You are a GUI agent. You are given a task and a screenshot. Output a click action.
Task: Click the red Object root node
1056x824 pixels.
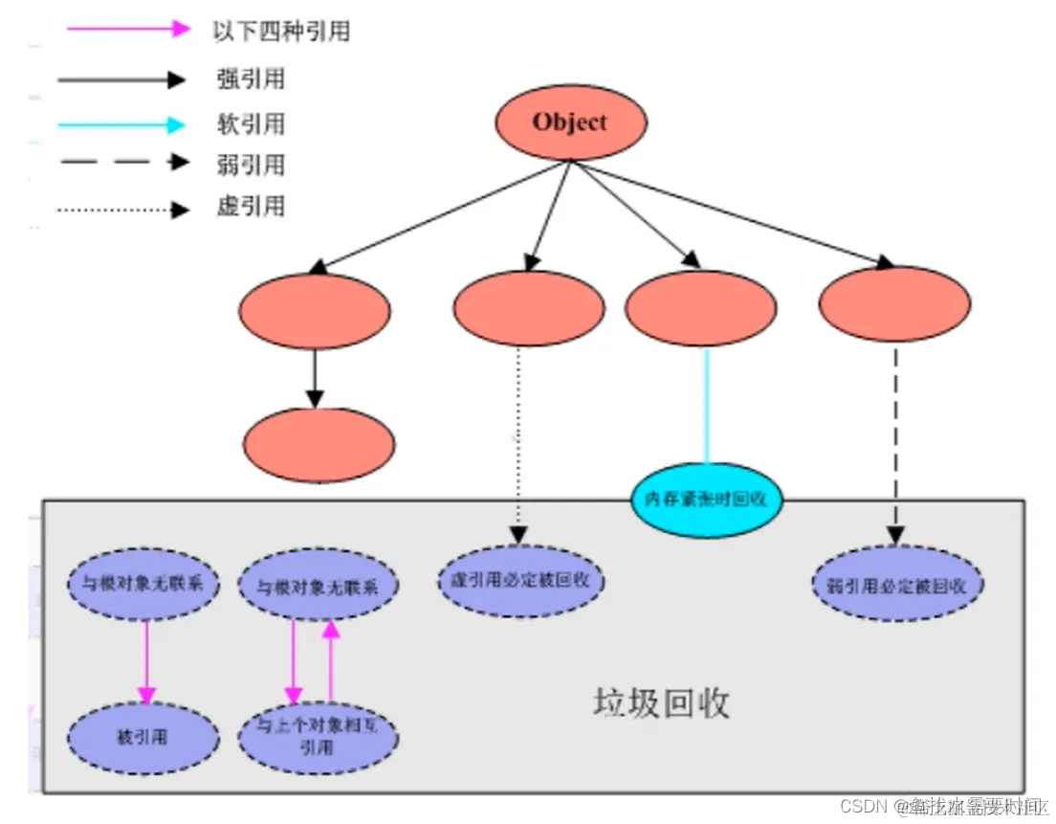570,123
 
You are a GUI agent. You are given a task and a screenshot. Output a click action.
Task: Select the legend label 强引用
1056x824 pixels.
251,79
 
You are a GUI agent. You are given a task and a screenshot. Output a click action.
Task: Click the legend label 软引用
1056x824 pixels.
251,124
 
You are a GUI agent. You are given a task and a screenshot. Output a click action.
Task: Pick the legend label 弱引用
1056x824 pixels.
251,165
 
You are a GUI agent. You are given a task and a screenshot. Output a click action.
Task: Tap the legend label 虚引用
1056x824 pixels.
251,207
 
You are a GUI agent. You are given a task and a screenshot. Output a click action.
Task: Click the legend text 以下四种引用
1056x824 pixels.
281,31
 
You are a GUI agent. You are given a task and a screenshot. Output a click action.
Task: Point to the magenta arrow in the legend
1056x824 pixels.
128,29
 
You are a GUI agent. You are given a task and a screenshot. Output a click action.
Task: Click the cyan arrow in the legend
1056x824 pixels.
121,124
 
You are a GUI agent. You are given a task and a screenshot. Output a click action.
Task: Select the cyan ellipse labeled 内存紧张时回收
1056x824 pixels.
706,499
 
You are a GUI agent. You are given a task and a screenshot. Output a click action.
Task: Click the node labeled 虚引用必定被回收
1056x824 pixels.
522,580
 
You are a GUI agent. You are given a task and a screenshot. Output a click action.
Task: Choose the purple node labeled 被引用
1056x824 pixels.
143,738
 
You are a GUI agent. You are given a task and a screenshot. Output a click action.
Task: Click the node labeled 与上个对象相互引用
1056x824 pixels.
317,737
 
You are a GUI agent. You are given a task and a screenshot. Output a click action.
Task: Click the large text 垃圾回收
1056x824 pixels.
661,702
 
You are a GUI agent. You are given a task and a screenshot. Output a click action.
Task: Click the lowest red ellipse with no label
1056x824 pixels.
319,444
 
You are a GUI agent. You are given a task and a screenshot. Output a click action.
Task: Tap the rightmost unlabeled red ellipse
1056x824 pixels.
894,304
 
